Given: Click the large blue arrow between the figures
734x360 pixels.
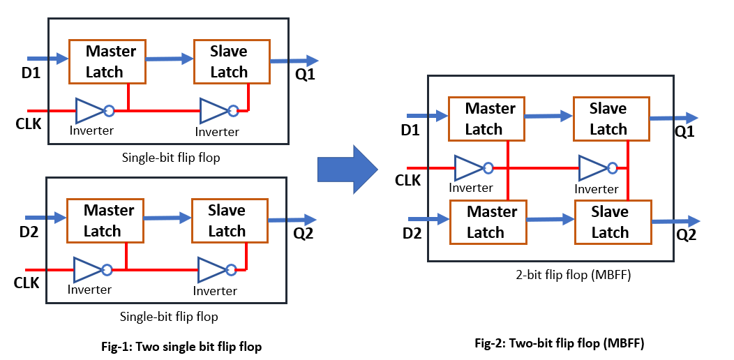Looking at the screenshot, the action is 347,169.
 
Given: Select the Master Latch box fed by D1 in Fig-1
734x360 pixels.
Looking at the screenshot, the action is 107,61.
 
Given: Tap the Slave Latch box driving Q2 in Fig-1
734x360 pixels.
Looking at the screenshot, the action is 230,220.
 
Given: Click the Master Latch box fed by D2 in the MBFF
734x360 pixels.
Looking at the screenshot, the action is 488,222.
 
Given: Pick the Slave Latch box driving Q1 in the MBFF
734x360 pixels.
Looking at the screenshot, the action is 612,119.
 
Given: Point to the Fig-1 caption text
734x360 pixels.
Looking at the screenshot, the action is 181,347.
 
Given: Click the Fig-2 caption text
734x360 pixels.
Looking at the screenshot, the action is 560,344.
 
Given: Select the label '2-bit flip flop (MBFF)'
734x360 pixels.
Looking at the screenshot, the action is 572,276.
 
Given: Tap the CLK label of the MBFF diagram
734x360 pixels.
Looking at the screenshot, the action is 408,180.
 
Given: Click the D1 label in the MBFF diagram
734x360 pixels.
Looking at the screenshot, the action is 410,130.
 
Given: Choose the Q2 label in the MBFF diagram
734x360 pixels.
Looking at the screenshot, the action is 686,234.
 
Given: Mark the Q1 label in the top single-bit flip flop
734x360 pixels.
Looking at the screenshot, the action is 305,75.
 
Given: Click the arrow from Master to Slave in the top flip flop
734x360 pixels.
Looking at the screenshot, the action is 170,59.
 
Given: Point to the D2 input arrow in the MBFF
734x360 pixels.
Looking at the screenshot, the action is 429,218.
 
